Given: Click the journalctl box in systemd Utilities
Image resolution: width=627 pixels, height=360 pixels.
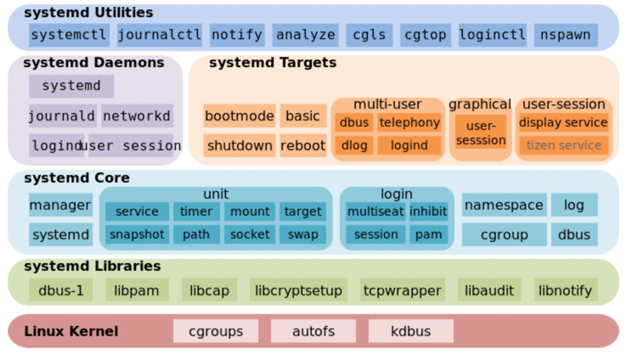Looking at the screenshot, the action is [160, 35].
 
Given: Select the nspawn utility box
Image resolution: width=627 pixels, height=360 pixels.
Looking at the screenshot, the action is [566, 35].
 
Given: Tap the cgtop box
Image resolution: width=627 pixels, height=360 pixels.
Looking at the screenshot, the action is [426, 35].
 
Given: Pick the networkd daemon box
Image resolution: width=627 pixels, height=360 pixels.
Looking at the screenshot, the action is [137, 115].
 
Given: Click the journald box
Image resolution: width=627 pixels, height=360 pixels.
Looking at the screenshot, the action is [62, 115].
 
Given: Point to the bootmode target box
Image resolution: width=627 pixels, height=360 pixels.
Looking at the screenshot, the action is [240, 115].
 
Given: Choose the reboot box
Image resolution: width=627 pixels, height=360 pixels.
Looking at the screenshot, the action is [303, 145].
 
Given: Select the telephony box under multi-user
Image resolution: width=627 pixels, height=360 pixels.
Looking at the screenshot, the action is [410, 122].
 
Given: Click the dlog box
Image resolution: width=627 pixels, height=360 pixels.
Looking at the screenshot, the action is [354, 145].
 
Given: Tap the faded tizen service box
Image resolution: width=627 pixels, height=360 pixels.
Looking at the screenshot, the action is [564, 145].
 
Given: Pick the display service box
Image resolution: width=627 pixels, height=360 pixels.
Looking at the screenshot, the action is [564, 122].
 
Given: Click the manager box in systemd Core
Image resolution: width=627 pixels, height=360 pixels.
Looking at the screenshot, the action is [61, 205].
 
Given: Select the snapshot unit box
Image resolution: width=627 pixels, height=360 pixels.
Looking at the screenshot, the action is [137, 234].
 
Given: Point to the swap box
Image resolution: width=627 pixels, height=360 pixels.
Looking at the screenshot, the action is [303, 234].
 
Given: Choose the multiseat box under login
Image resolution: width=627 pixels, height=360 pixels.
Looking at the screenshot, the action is [376, 211].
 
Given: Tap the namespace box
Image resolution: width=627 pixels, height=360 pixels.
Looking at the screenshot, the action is [505, 205].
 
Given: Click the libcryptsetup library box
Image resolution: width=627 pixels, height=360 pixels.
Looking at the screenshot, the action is [298, 290].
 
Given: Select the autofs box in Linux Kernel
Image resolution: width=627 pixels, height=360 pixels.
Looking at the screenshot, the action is [313, 331].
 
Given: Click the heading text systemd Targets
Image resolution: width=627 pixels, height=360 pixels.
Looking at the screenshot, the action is [273, 63].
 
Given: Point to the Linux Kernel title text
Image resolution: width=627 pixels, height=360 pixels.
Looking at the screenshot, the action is [71, 331].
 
